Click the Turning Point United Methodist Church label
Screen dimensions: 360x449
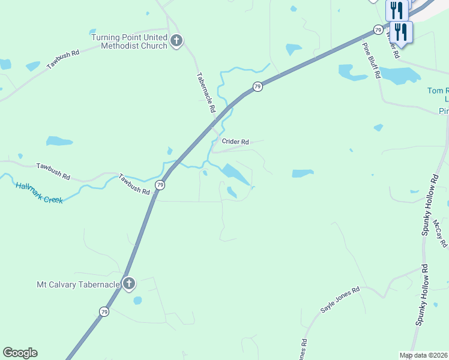tap(129, 41)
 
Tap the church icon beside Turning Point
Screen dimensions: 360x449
tap(176, 41)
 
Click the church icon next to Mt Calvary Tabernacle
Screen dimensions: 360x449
tap(128, 284)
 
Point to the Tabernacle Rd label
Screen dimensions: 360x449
tap(206, 94)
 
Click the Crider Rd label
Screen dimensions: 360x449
tap(235, 142)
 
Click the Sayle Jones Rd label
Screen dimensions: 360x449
tap(339, 299)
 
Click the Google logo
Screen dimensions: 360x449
tap(20, 353)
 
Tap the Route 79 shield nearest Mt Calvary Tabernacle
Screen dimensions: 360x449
tap(104, 311)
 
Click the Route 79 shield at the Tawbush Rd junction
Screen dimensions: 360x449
tap(160, 185)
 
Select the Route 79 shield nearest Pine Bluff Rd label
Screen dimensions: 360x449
tap(378, 29)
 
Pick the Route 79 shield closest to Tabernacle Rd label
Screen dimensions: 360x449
tap(257, 87)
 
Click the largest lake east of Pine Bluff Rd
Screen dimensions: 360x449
tap(400, 75)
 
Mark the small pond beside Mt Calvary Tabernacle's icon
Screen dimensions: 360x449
tap(137, 300)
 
